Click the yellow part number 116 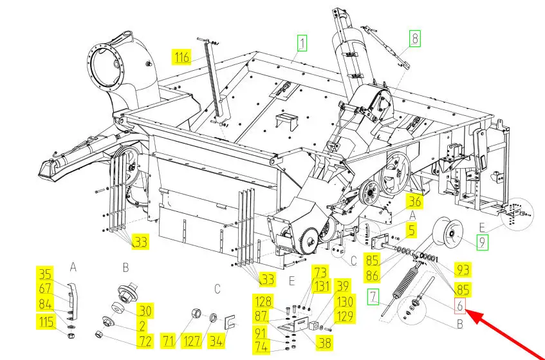point(182,58)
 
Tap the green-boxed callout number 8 point(415,38)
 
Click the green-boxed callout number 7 point(374,298)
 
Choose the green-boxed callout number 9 point(482,243)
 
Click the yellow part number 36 point(415,202)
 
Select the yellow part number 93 point(462,268)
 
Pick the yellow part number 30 point(146,311)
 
